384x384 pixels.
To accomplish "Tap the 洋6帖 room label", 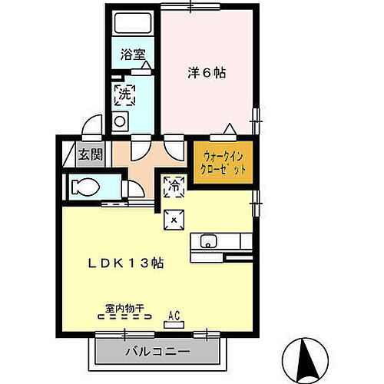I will coord(208,73).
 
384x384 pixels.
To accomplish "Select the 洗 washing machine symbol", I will coord(124,95).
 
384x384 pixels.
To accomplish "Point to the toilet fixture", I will coord(84,186).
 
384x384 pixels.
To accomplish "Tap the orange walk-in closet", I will coord(223,163).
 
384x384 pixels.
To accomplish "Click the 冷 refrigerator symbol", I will coord(174,185).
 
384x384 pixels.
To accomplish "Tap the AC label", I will coord(174,313).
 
